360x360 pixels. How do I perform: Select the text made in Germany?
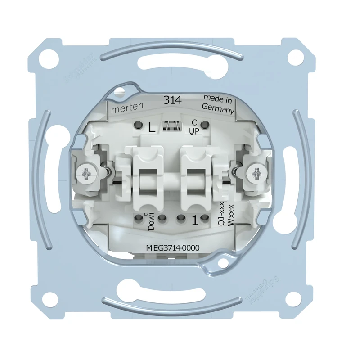pos(218,104)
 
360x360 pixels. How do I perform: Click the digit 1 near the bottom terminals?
pos(195,221)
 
